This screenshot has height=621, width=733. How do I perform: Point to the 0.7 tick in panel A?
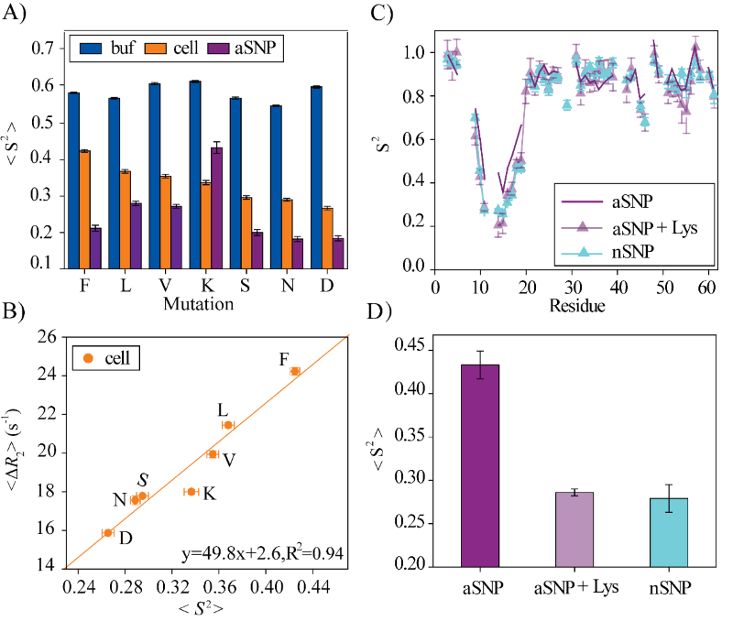(x=40, y=48)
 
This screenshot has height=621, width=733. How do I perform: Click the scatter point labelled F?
(x=295, y=371)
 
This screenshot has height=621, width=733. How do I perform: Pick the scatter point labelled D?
(x=107, y=532)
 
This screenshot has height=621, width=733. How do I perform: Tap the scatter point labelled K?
(x=191, y=492)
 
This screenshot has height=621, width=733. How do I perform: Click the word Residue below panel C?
(x=574, y=304)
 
